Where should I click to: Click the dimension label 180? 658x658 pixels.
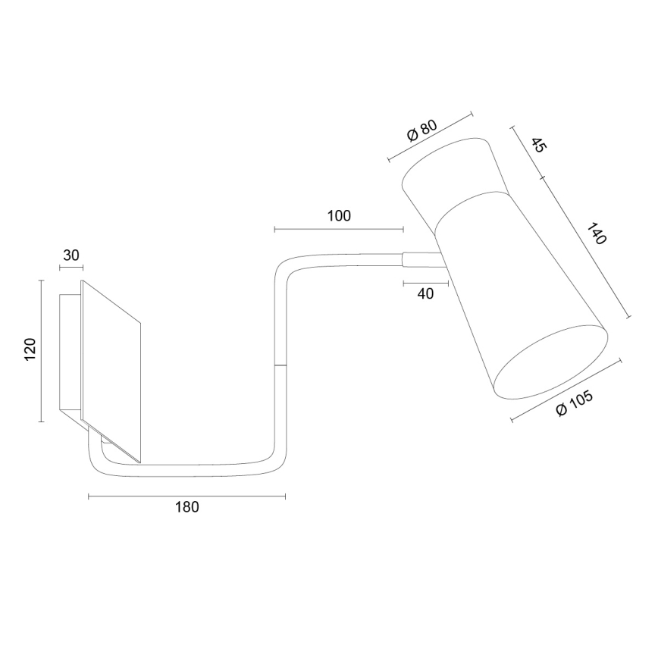click(186, 507)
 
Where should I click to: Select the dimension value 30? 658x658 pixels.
click(71, 255)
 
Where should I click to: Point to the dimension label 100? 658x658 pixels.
click(339, 215)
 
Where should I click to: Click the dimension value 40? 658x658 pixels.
click(426, 294)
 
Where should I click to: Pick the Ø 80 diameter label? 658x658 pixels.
click(422, 131)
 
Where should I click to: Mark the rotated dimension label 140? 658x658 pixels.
click(597, 233)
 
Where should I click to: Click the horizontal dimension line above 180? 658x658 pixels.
click(186, 497)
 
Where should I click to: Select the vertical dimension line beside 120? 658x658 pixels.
click(39, 350)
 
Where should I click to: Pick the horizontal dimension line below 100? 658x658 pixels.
click(339, 228)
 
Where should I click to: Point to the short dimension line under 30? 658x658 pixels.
click(71, 267)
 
